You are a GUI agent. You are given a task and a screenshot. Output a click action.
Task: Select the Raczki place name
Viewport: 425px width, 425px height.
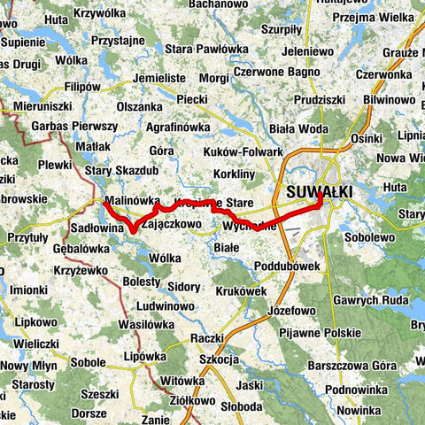206,337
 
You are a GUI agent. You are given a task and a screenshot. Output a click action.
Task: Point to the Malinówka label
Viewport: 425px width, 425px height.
130,201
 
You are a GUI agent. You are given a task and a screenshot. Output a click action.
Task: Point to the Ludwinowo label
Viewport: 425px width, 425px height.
165,305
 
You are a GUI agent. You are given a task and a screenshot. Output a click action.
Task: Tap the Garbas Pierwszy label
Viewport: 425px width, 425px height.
74,126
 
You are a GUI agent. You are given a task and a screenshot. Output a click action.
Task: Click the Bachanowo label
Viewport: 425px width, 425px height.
218,4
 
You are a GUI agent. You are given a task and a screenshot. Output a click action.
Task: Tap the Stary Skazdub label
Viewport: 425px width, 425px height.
121,170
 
